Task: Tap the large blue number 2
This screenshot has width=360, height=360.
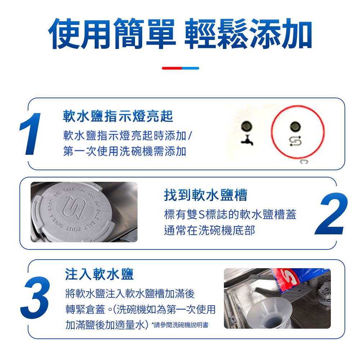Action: tap(331, 213)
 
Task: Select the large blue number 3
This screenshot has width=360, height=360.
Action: tap(35, 298)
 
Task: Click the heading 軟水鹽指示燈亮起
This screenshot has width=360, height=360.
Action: tap(118, 116)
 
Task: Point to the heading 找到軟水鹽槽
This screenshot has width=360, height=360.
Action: tap(206, 195)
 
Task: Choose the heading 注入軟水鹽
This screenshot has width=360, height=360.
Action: tap(99, 274)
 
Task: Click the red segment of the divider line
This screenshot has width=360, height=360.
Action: tap(172, 68)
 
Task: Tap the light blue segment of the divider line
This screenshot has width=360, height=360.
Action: tap(190, 68)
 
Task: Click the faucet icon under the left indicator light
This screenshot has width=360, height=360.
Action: tap(247, 140)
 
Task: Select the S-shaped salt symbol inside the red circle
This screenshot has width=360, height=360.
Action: tap(295, 141)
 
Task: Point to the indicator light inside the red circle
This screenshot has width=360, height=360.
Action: tap(295, 126)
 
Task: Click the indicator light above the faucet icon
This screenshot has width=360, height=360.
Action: tap(247, 126)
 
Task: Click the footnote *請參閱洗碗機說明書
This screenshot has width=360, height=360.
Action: tap(180, 325)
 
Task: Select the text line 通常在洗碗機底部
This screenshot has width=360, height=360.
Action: tap(210, 230)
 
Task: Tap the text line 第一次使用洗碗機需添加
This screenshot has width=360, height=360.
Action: tap(125, 151)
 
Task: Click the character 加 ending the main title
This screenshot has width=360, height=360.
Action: tap(297, 34)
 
